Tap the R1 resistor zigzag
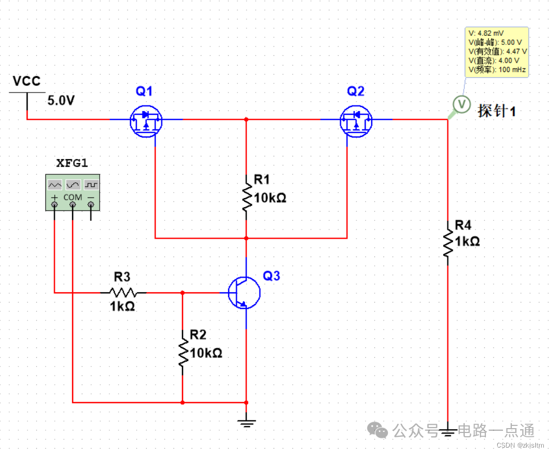(246, 197)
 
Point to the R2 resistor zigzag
(183, 353)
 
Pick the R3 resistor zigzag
(123, 293)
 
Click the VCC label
(27, 82)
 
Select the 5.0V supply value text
(61, 101)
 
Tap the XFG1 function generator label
(73, 163)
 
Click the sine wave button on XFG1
(73, 185)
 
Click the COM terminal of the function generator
(73, 205)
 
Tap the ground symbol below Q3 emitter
(246, 422)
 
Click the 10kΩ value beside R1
(270, 198)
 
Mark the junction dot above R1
(246, 119)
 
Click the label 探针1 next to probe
(496, 111)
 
